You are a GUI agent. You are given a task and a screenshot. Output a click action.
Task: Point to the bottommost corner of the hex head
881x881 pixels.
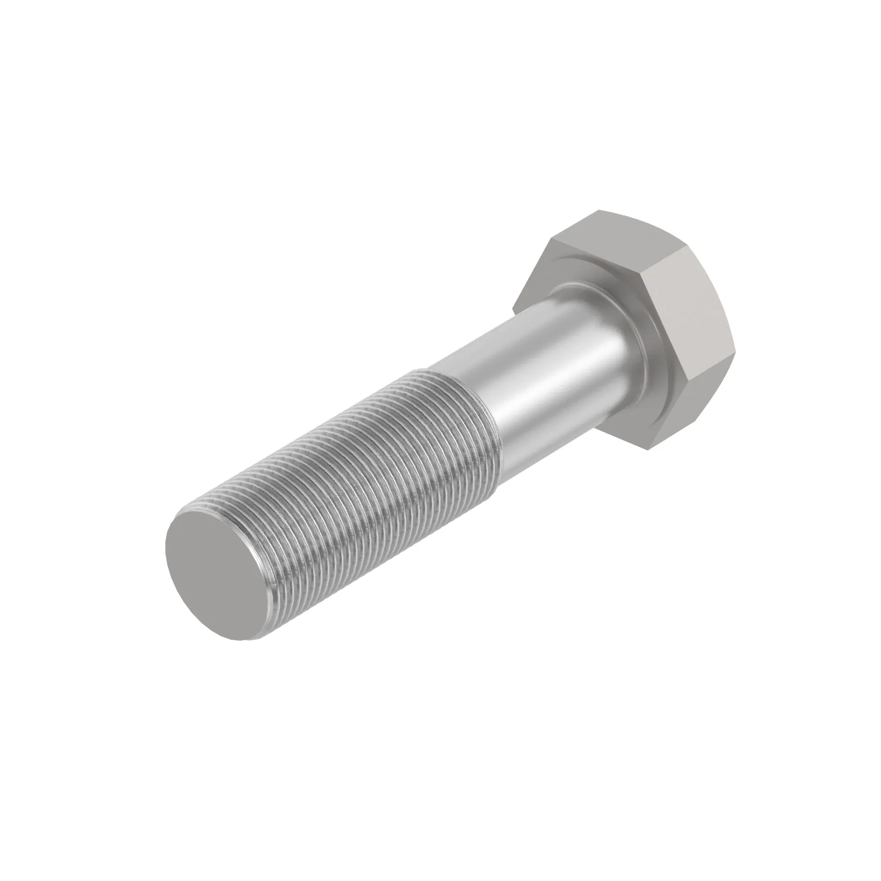650,449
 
